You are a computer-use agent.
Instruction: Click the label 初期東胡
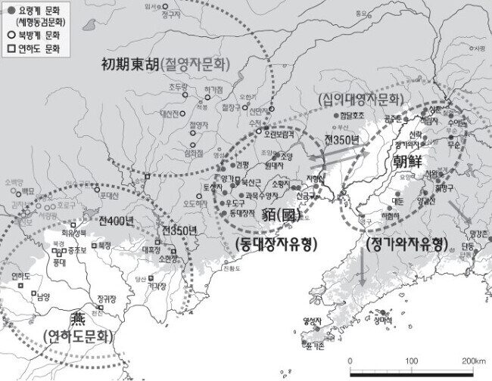[x=130, y=64]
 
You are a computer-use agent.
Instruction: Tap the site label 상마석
[x=383, y=319]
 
